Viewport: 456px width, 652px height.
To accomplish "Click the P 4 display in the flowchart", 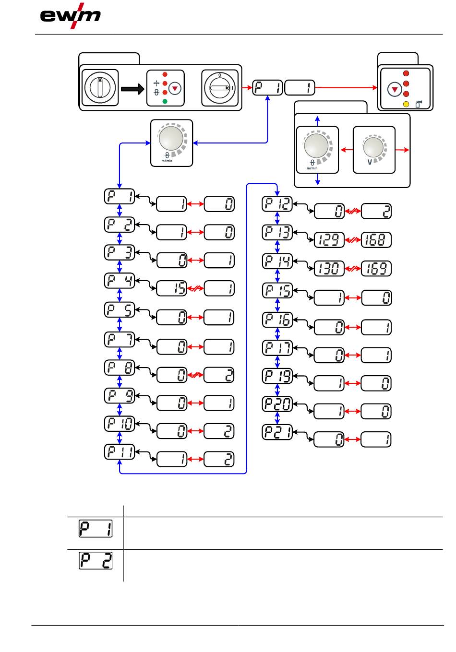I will click(x=120, y=281).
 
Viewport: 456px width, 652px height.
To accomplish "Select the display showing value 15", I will click(x=172, y=288).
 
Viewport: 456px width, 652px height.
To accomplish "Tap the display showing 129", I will click(x=329, y=240).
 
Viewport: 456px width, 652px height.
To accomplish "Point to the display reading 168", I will click(x=376, y=240).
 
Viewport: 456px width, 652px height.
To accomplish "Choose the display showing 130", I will click(x=329, y=269).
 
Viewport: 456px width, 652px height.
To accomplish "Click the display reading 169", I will click(x=376, y=269).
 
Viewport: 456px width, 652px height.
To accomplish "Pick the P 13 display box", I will click(x=277, y=233).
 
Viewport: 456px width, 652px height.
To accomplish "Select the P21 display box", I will click(x=277, y=432).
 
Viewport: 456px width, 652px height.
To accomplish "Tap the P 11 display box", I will click(x=120, y=452).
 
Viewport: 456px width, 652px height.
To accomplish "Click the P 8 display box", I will click(x=120, y=368).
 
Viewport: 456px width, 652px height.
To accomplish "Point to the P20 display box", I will click(x=277, y=404).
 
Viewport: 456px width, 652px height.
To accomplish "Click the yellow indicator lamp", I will click(x=406, y=104).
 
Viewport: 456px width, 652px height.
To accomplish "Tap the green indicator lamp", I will click(x=165, y=101).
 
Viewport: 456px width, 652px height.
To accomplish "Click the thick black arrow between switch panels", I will click(x=132, y=89).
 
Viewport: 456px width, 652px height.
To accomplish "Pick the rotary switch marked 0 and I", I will click(x=219, y=88).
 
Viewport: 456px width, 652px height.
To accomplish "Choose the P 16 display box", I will click(x=277, y=320).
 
